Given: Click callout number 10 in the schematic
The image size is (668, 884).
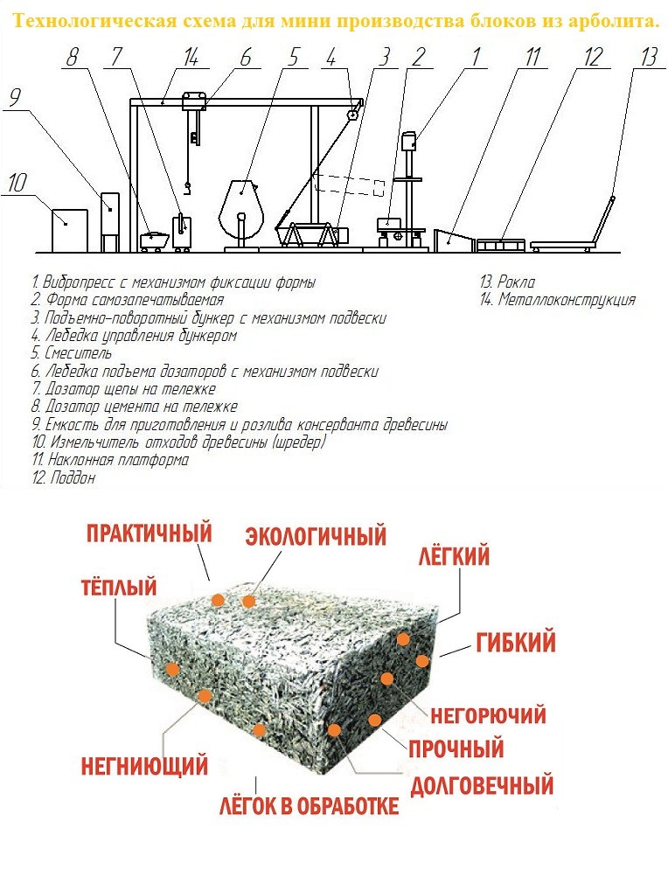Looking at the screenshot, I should coord(20,184).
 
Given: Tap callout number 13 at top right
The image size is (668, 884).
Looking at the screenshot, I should coord(648,59).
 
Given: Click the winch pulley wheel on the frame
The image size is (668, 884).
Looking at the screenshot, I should coord(353,115).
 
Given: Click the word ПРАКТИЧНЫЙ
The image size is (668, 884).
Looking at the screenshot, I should coord(150,532).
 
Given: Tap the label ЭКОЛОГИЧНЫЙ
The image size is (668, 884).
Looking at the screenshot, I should coord(316,534).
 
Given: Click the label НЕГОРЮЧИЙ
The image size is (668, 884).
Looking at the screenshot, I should coord(488,716).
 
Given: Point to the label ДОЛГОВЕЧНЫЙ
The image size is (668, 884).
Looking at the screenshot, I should coord(482,784).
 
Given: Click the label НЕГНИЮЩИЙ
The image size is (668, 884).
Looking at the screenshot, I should coord(144,767).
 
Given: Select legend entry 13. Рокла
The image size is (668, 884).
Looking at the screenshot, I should coord(507,282).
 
